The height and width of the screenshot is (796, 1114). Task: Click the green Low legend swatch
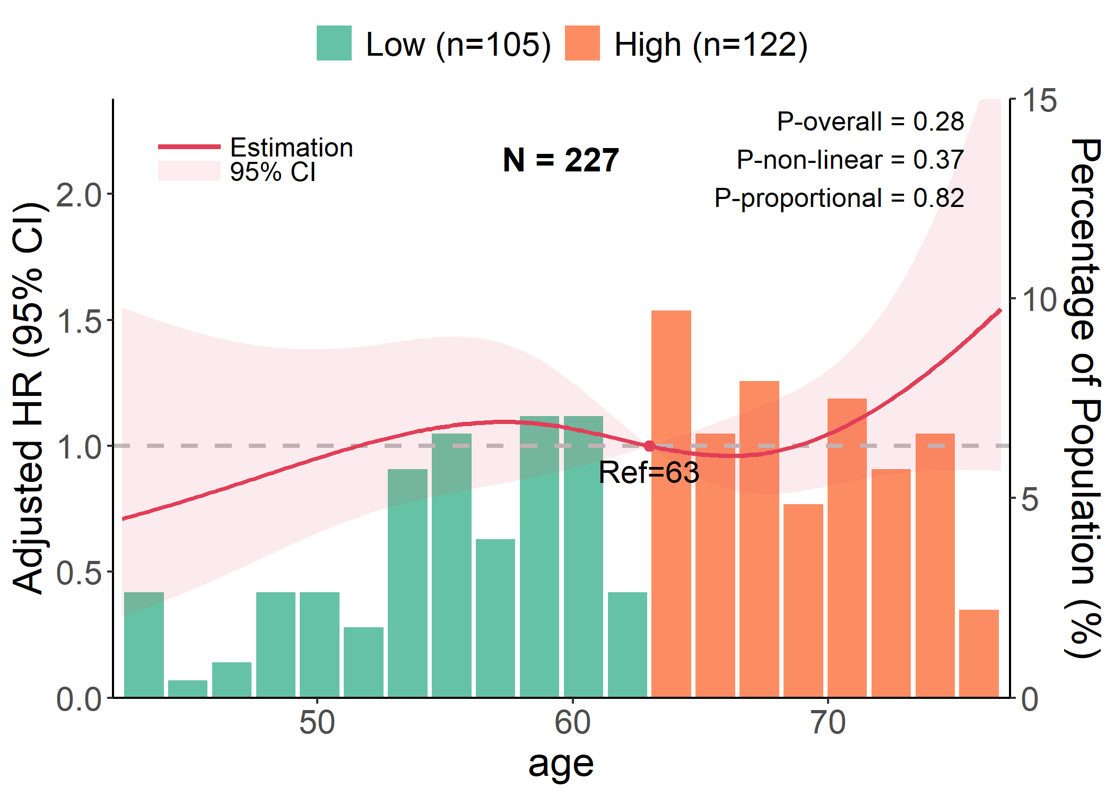(334, 43)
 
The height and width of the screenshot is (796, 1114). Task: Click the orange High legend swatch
(582, 43)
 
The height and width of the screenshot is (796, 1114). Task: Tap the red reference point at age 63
(649, 446)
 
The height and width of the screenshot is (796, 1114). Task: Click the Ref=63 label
(649, 472)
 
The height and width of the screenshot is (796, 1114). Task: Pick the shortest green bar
(187, 688)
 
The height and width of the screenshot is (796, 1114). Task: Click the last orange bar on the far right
(979, 653)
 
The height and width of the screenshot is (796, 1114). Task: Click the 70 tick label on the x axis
(828, 723)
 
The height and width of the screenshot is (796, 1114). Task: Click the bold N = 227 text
(561, 160)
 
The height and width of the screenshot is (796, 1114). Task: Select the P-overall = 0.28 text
(870, 122)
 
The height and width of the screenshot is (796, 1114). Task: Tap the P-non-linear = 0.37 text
(850, 160)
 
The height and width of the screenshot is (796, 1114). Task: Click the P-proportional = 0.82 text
(839, 198)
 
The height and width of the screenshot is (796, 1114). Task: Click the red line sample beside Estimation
(189, 146)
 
